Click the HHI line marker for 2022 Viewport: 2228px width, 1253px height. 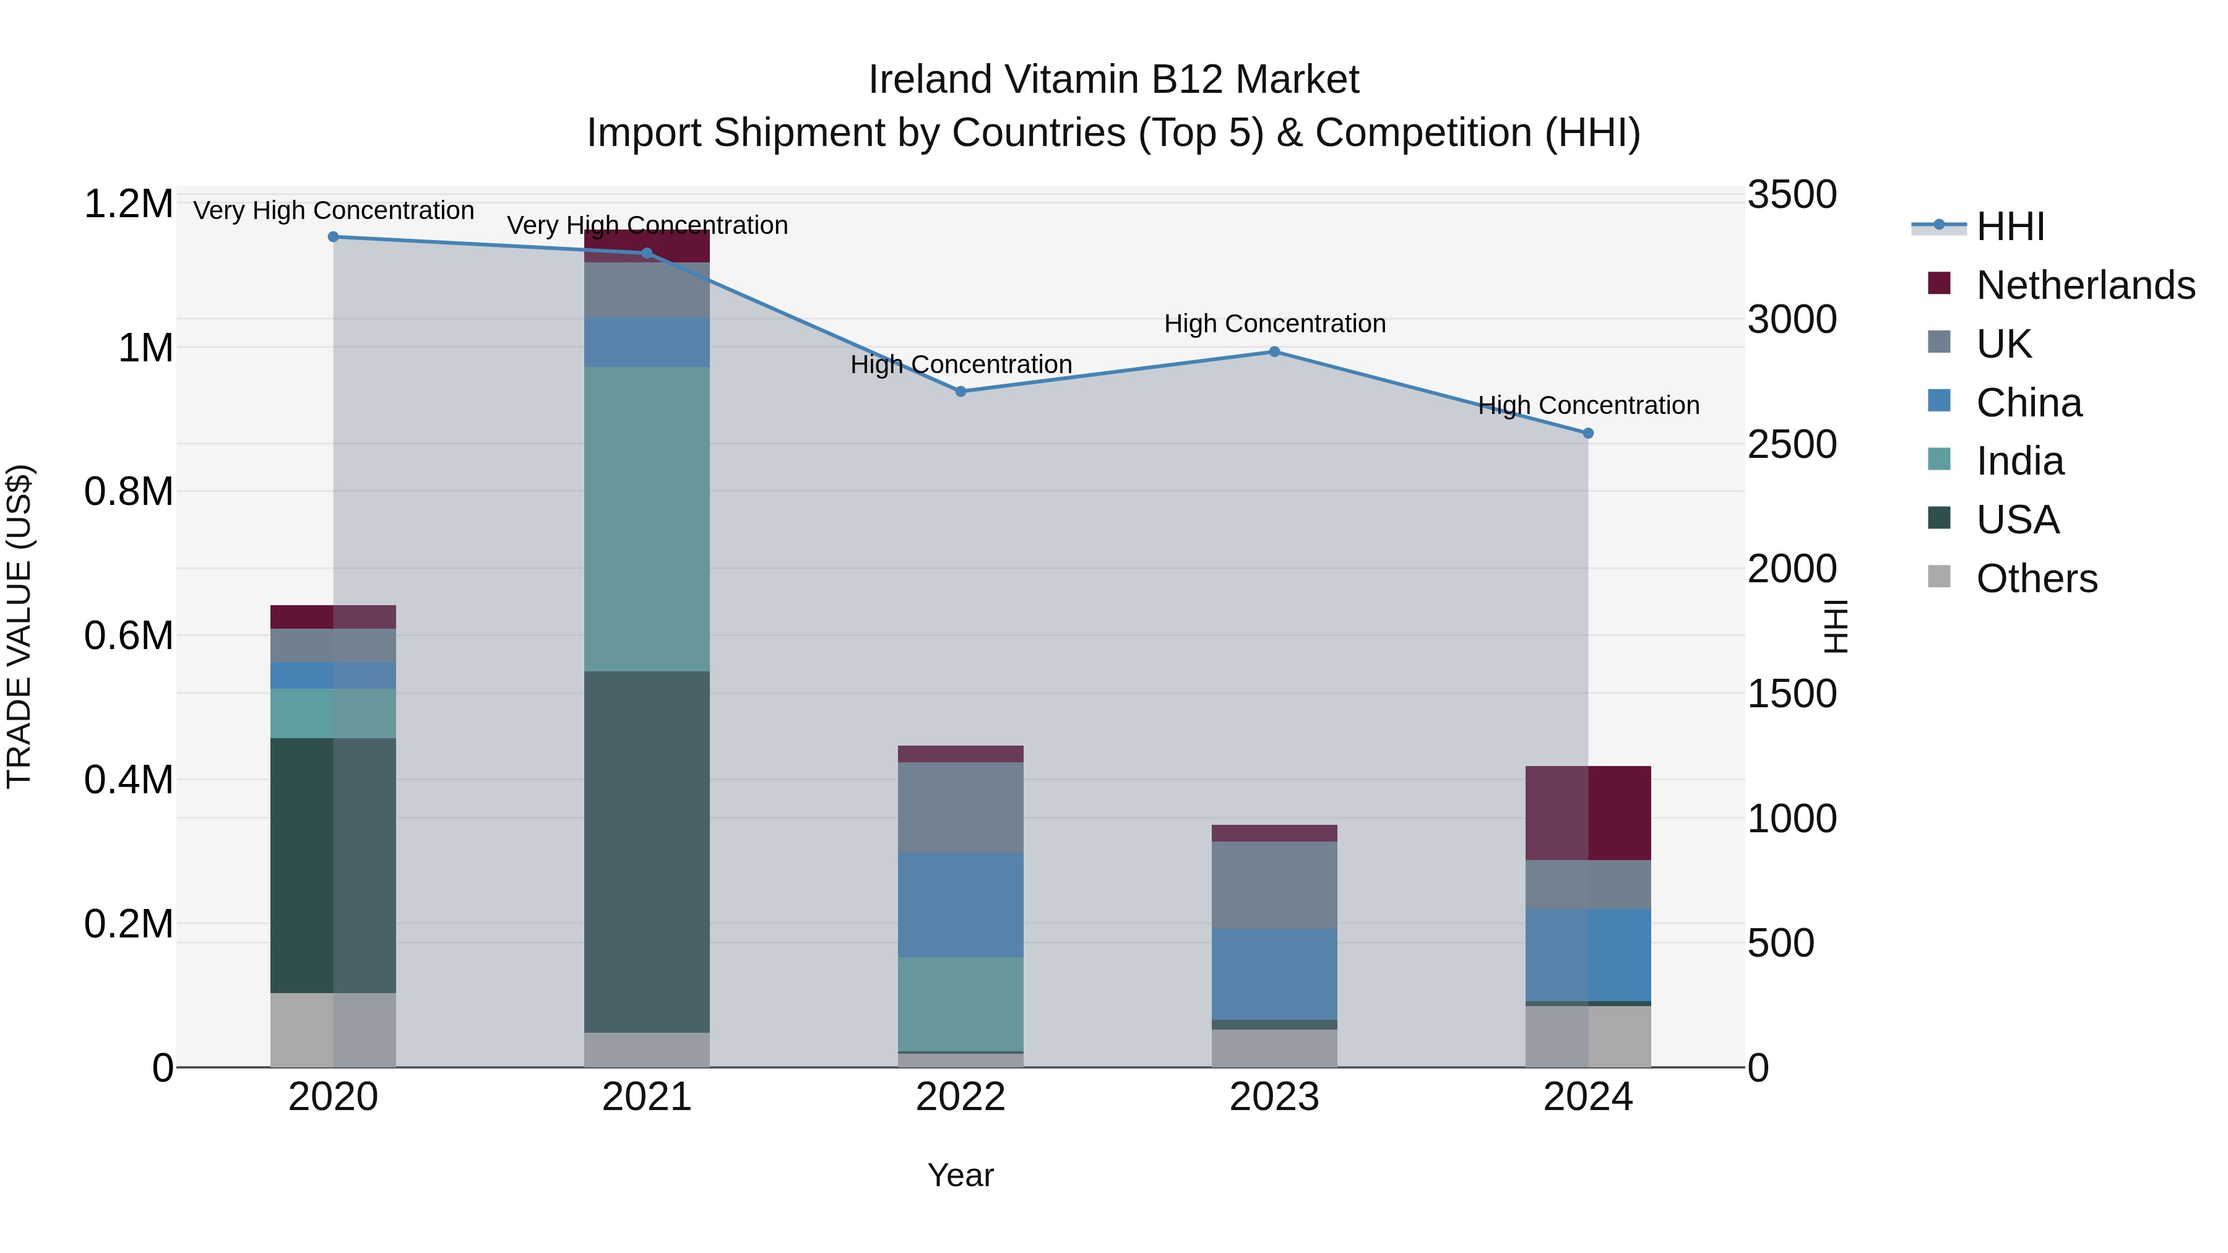click(960, 392)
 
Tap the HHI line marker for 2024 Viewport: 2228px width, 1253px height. click(1588, 433)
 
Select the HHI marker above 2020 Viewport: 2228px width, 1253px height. click(333, 237)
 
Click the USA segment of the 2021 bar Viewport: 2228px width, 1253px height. click(647, 852)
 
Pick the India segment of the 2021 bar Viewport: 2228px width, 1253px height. click(647, 519)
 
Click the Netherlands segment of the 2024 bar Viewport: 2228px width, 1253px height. click(1588, 813)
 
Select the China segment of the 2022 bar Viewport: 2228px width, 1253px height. click(960, 905)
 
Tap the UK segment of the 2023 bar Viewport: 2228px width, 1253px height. click(1274, 885)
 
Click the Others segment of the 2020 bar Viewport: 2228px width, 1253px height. click(333, 1030)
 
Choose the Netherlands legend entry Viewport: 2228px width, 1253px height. click(2085, 285)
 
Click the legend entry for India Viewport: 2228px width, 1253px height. click(2019, 461)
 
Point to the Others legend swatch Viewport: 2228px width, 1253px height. click(1939, 577)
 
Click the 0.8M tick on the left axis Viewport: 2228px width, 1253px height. click(129, 491)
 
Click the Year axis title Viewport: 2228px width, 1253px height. click(960, 1175)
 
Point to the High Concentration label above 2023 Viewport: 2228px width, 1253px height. click(1274, 324)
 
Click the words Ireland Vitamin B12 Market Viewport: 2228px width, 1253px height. click(1113, 80)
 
